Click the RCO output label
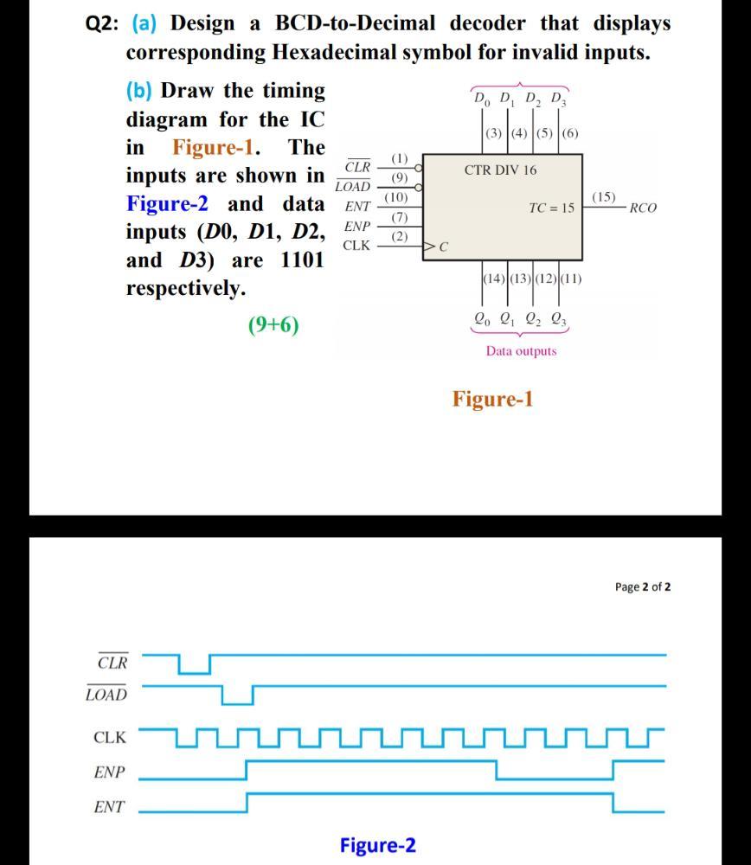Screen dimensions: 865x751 pyautogui.click(x=643, y=208)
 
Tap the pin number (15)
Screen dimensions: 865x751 pyautogui.click(x=604, y=197)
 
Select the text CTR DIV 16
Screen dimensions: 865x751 pyautogui.click(x=500, y=170)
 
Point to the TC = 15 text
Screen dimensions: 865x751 pyautogui.click(x=551, y=208)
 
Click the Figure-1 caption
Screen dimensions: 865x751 pyautogui.click(x=493, y=399)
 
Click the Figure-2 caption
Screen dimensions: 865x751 pyautogui.click(x=377, y=844)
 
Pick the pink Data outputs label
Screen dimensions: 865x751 pyautogui.click(x=521, y=351)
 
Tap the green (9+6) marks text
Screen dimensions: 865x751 pyautogui.click(x=273, y=325)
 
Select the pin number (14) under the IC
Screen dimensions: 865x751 pyautogui.click(x=491, y=279)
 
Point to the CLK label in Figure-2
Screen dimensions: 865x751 pyautogui.click(x=110, y=738)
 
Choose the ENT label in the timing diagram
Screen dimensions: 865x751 pyautogui.click(x=109, y=808)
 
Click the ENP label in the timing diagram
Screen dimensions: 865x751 pyautogui.click(x=109, y=772)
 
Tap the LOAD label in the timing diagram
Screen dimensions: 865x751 pyautogui.click(x=106, y=695)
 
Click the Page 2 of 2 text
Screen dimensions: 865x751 pyautogui.click(x=642, y=586)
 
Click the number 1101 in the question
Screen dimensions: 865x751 pyautogui.click(x=302, y=259)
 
